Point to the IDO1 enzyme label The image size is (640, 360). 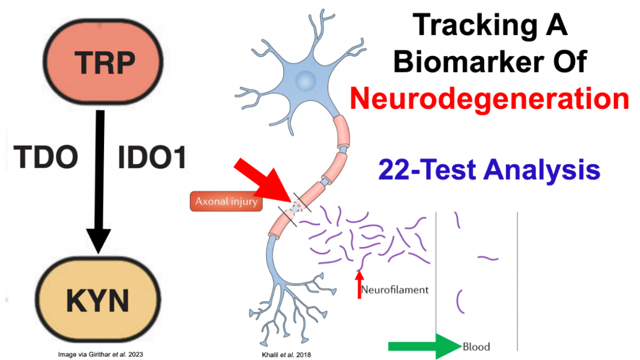(x=151, y=158)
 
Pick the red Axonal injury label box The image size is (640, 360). (x=227, y=201)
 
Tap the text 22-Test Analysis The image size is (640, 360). (x=489, y=171)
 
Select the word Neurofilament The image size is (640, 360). (x=395, y=290)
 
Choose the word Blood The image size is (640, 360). (x=476, y=347)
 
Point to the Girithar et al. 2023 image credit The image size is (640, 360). (x=100, y=353)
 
